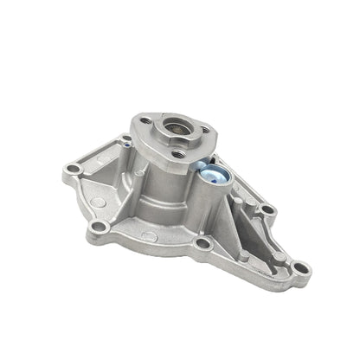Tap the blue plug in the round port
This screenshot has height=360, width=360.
tap(215, 177)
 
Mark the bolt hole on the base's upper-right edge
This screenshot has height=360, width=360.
tap(266, 209)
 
